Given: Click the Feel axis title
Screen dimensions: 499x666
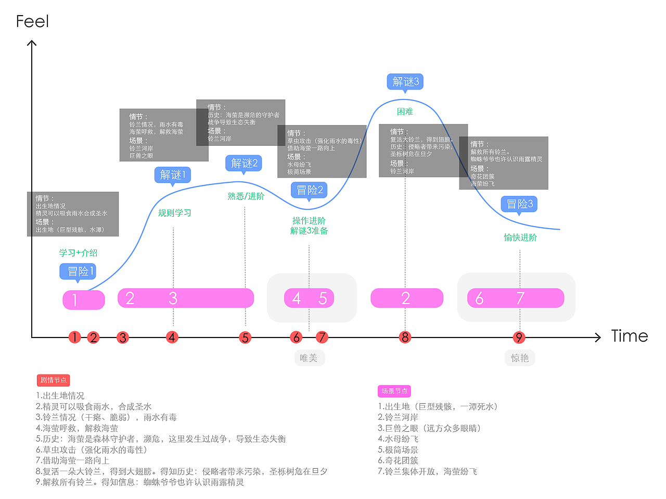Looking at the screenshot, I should click(32, 21).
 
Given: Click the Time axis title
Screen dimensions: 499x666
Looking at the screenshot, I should click(629, 336).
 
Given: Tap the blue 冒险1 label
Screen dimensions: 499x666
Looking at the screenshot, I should click(78, 271).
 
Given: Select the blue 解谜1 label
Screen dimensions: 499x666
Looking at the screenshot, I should click(173, 174).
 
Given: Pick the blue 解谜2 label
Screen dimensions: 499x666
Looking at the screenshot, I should click(244, 163).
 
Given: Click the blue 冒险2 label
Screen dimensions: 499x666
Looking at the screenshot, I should click(310, 190).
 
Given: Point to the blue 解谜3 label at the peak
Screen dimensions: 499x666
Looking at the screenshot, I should click(405, 82).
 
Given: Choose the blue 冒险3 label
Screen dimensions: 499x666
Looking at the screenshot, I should click(519, 204).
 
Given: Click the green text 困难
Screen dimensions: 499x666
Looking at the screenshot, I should click(405, 111).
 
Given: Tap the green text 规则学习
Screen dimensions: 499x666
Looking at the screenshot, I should click(174, 213).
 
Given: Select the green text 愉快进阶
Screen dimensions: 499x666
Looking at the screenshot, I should click(520, 238).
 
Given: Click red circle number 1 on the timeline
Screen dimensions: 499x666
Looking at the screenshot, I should click(74, 337).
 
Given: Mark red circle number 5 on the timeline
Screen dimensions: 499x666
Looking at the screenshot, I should click(245, 338).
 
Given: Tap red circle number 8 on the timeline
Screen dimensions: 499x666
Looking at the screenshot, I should click(405, 337).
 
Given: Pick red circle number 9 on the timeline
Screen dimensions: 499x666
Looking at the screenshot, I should click(519, 338).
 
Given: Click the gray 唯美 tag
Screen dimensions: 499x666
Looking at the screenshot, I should click(309, 358).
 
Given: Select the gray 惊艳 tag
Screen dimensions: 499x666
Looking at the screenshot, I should click(519, 358).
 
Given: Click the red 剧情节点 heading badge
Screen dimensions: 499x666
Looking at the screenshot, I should click(53, 380).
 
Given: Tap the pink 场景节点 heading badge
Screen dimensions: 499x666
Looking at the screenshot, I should click(394, 391).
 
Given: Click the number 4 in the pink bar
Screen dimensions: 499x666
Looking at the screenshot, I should click(297, 298).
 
